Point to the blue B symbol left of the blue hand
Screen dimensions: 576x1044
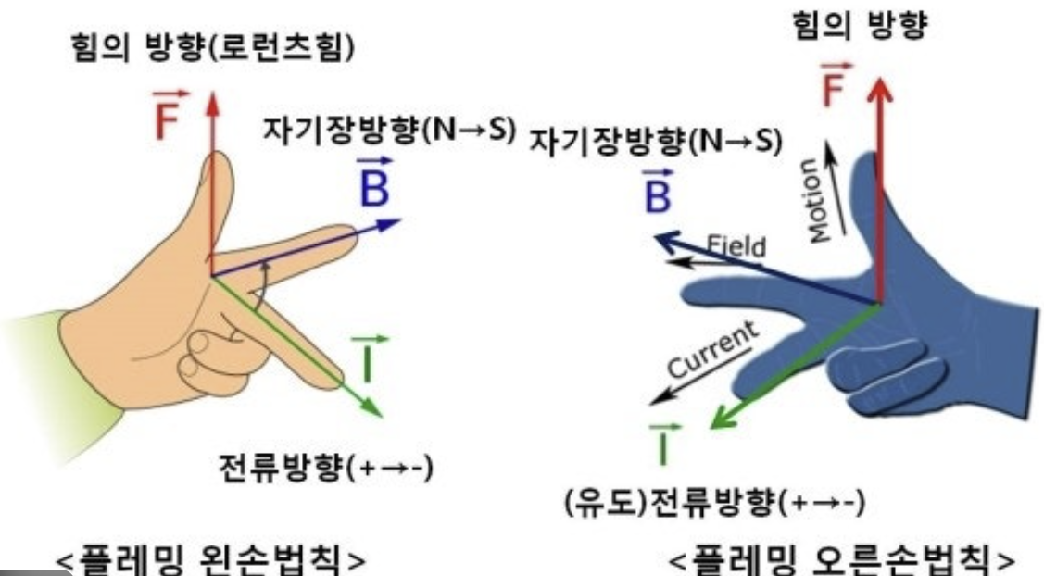[655, 192]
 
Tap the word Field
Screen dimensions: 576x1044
[736, 246]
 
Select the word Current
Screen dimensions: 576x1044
[713, 350]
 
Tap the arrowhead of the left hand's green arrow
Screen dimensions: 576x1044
[375, 410]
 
